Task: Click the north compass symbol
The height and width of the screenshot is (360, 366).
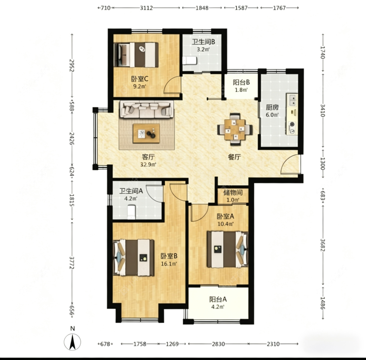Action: pyautogui.click(x=72, y=341)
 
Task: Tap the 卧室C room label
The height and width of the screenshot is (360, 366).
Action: pyautogui.click(x=140, y=79)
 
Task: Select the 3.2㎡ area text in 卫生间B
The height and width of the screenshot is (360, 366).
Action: pyautogui.click(x=203, y=49)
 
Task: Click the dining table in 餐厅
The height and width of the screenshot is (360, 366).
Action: pyautogui.click(x=235, y=129)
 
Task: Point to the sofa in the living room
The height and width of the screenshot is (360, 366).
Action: pyautogui.click(x=147, y=109)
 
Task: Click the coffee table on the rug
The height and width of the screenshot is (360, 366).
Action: pyautogui.click(x=146, y=133)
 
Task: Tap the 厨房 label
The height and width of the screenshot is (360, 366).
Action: pyautogui.click(x=272, y=107)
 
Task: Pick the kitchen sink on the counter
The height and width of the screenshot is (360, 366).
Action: pyautogui.click(x=292, y=100)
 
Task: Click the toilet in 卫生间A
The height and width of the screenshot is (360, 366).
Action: pyautogui.click(x=132, y=212)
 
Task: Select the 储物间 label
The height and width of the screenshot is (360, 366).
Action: pyautogui.click(x=233, y=193)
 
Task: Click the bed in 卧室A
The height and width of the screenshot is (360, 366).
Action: pyautogui.click(x=227, y=249)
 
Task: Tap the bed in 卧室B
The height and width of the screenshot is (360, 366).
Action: pyautogui.click(x=133, y=257)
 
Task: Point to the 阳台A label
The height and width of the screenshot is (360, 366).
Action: pyautogui.click(x=218, y=299)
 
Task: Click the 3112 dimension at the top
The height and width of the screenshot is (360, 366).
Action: pyautogui.click(x=146, y=8)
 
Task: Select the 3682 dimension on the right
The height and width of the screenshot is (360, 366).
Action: pyautogui.click(x=323, y=245)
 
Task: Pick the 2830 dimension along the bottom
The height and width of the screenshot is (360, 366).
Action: pyautogui.click(x=218, y=344)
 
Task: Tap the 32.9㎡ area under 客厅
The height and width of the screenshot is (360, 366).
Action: pyautogui.click(x=148, y=165)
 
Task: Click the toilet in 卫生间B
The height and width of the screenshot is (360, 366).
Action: pyautogui.click(x=190, y=61)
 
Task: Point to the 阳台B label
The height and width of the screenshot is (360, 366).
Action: pyautogui.click(x=241, y=82)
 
